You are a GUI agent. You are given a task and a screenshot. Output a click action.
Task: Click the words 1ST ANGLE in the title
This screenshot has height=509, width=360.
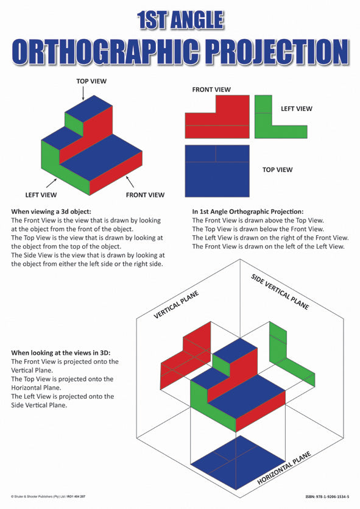(x=180, y=20)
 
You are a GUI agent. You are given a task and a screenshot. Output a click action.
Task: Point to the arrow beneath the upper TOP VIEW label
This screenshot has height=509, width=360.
(x=83, y=92)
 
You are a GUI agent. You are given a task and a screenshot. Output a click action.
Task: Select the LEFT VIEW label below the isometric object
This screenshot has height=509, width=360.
(x=41, y=195)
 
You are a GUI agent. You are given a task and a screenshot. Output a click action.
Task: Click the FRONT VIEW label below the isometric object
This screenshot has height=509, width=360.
(x=145, y=195)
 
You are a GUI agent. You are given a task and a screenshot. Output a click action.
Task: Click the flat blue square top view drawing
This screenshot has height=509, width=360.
(x=217, y=171)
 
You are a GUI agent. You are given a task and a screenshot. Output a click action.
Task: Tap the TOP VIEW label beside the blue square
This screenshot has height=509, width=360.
(x=277, y=169)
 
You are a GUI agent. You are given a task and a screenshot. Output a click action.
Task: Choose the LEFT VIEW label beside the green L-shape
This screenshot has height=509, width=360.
(x=296, y=109)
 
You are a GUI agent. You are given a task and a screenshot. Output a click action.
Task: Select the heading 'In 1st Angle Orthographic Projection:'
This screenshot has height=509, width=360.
(x=252, y=212)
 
